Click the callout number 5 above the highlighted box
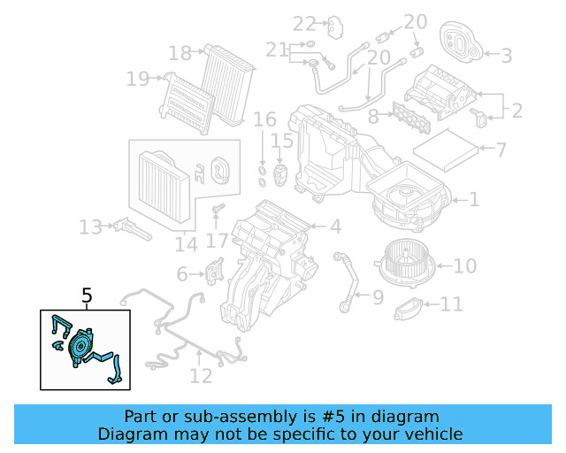(87, 296)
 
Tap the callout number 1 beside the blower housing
(474, 200)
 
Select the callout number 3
(506, 56)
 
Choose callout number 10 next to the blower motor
(465, 265)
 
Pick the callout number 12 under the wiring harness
(201, 376)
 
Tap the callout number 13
(90, 227)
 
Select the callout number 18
(180, 54)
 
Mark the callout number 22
(304, 23)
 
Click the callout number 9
(378, 297)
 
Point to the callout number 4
(335, 226)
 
